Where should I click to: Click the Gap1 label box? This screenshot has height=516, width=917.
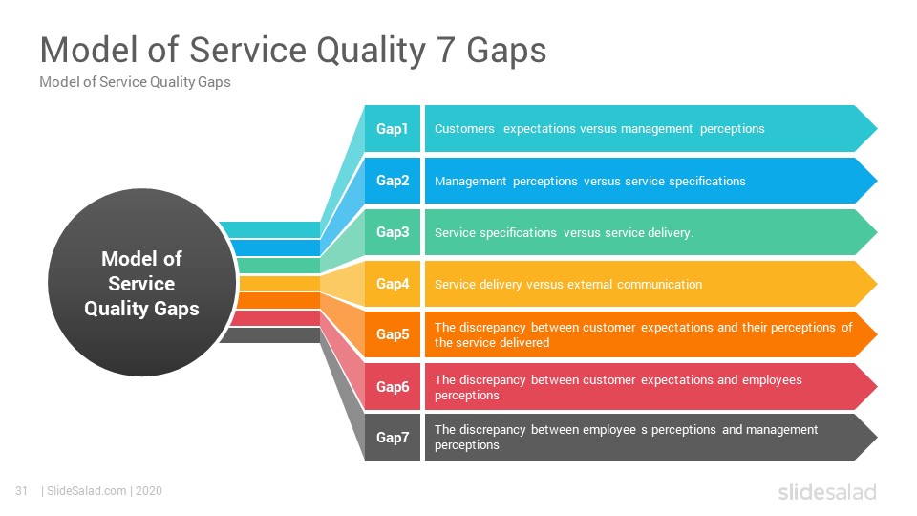pos(393,129)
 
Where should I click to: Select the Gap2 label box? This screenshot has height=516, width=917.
pos(393,181)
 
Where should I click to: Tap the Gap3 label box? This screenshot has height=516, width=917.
pos(393,231)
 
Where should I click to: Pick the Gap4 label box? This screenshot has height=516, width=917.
pos(393,283)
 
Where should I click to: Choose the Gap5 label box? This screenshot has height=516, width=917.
pos(393,334)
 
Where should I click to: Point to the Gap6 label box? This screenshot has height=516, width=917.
pos(393,386)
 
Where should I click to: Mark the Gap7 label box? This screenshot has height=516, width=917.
pos(393,437)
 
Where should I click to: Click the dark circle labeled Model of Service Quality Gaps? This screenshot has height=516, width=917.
pos(142,283)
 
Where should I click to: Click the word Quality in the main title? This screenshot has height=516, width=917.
pos(372,51)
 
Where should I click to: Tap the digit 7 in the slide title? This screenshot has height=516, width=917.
pos(446,50)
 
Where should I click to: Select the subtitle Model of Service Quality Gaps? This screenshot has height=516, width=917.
pos(135,82)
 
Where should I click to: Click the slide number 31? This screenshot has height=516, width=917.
pos(22,491)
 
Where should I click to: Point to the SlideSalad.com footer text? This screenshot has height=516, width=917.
pos(87,491)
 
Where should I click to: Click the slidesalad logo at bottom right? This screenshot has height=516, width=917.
pos(827,491)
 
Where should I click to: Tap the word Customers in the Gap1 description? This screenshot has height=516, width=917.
pos(464,129)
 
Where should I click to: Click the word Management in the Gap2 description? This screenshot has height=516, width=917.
pos(470,182)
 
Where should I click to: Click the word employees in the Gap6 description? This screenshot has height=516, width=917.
pos(772,380)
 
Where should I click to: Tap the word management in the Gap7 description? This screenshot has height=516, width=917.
pos(782,430)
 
